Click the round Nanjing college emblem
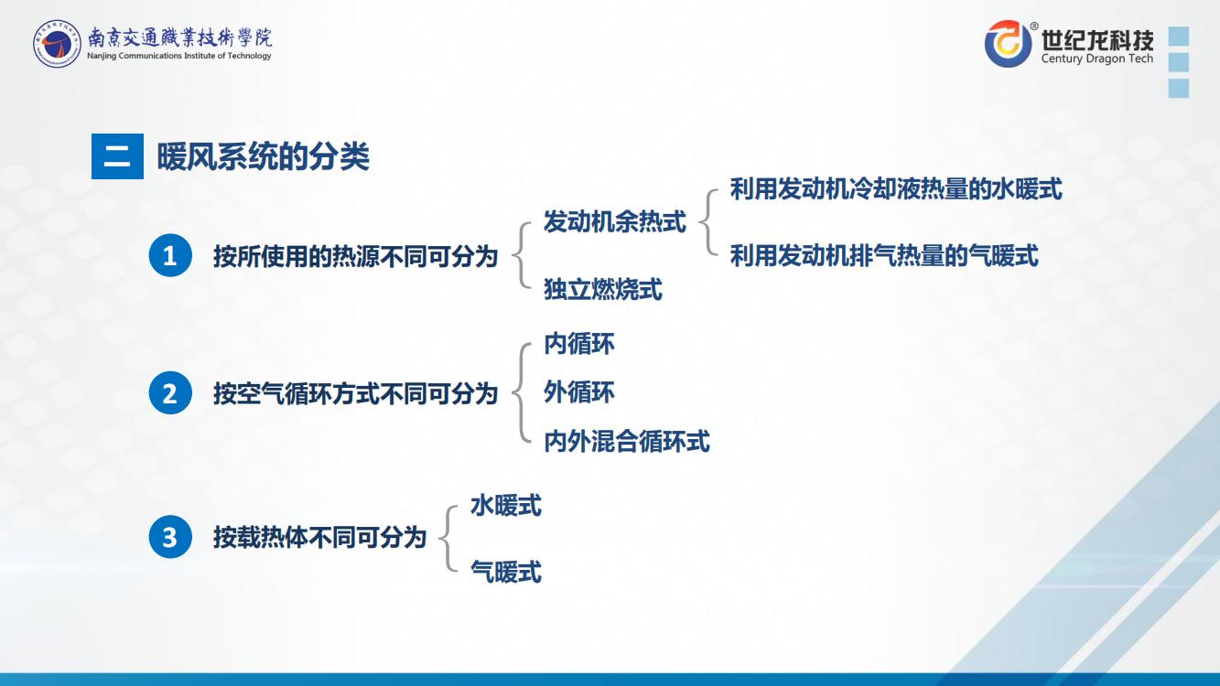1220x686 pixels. [x=57, y=44]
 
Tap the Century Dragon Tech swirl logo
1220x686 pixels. [x=1008, y=44]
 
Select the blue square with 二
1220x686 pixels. [x=118, y=156]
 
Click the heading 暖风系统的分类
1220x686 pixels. [x=263, y=156]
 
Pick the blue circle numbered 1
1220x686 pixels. [x=170, y=255]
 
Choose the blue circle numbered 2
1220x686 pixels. [x=170, y=393]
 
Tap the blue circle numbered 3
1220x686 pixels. [x=170, y=537]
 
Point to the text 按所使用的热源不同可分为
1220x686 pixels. [x=355, y=256]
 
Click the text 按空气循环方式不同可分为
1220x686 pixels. [x=355, y=393]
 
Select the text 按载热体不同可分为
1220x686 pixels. [x=319, y=538]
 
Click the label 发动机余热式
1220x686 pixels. [x=615, y=221]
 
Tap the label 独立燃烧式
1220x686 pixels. [x=603, y=289]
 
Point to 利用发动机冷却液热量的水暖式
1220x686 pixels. [x=896, y=189]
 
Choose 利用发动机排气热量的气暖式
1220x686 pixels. [x=884, y=255]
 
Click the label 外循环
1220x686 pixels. [x=579, y=392]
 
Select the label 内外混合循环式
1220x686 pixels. [x=627, y=441]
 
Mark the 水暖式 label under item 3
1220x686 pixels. [x=506, y=505]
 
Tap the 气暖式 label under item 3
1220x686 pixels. [x=506, y=572]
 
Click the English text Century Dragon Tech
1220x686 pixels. [x=1097, y=59]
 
